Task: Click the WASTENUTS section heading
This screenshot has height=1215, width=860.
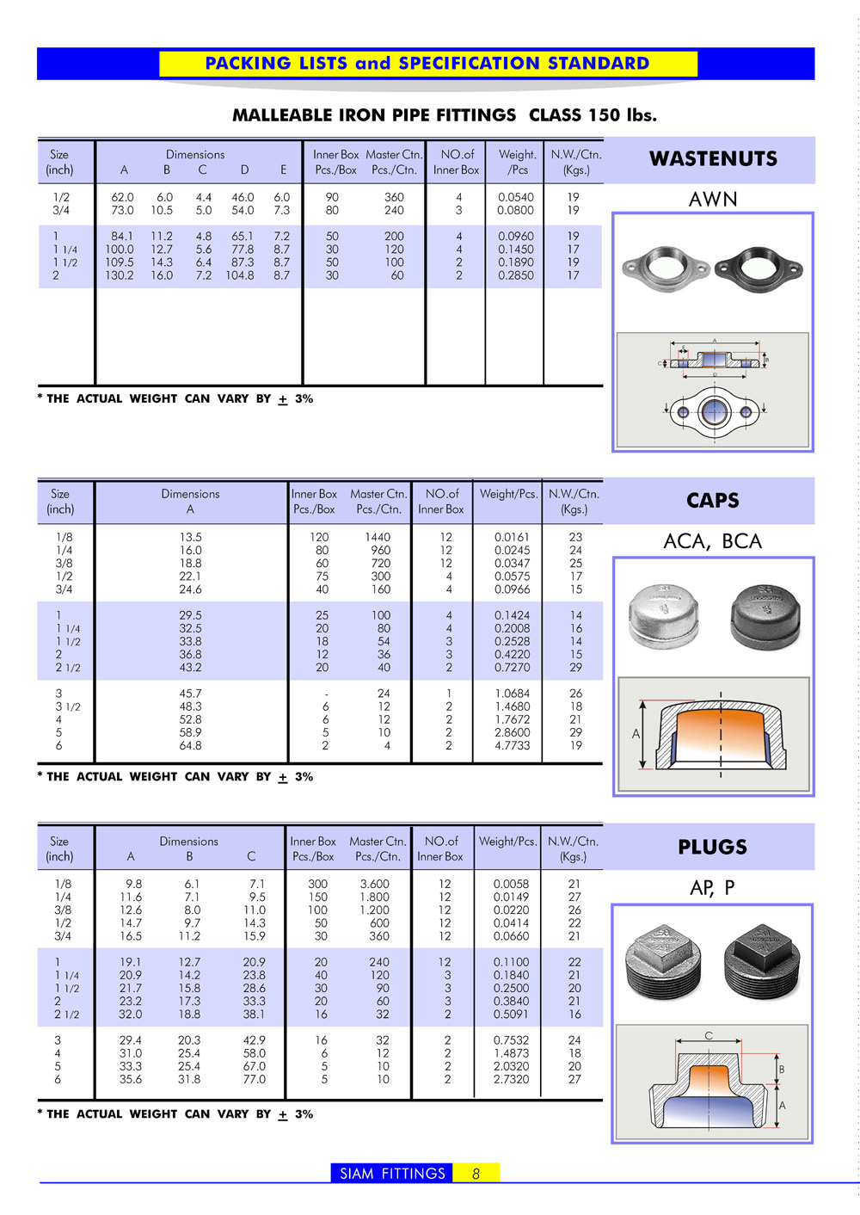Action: pos(713,159)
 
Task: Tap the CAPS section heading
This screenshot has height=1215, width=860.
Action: pos(712,501)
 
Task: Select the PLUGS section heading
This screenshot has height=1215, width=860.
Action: pos(712,848)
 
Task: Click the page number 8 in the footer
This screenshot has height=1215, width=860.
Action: pos(476,1174)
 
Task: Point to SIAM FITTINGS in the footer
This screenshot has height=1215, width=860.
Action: pos(392,1174)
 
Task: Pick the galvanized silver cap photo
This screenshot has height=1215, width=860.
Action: pos(663,615)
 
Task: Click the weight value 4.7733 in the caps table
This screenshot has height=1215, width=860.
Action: pos(512,746)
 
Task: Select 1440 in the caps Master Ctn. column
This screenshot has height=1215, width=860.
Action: pos(378,537)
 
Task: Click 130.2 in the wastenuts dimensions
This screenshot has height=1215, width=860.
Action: pos(120,275)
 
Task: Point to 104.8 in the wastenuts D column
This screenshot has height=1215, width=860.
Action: pos(240,275)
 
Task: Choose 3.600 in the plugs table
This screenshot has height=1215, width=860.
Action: pos(374,884)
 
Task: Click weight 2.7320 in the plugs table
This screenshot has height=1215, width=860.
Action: pos(511,1079)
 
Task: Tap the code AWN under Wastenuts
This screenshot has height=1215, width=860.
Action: pos(713,200)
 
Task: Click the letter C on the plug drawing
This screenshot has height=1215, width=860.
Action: pos(709,1036)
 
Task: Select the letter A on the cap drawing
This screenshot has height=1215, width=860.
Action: pos(636,734)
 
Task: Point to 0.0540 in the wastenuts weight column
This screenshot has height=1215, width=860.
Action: pos(515,197)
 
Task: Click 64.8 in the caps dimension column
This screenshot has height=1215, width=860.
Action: pos(190,746)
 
